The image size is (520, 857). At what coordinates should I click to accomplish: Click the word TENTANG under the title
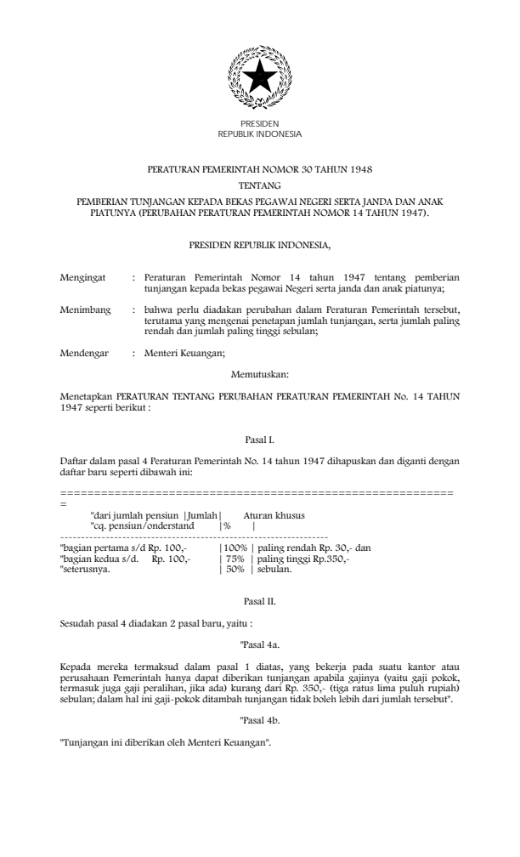[260, 184]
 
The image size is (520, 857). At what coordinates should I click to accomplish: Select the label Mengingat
[83, 277]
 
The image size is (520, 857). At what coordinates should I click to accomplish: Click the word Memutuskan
[260, 372]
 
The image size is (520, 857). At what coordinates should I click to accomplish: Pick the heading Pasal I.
[260, 440]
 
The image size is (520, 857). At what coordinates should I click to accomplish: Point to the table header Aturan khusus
[274, 515]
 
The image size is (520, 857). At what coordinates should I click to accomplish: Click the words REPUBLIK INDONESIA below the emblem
[260, 133]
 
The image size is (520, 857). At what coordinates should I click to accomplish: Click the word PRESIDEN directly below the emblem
[260, 124]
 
